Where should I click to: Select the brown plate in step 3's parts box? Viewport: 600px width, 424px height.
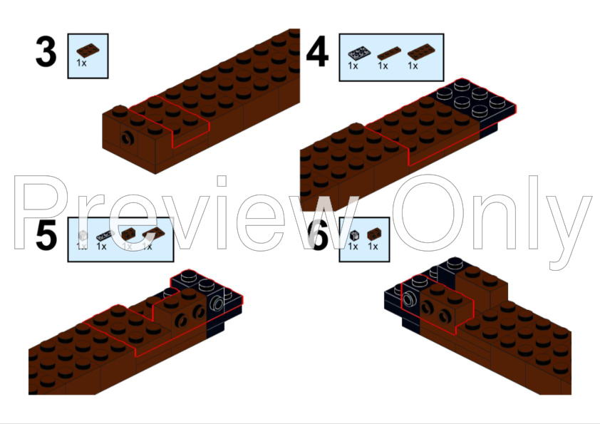(86, 49)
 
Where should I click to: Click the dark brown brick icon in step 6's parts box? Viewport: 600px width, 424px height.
(373, 233)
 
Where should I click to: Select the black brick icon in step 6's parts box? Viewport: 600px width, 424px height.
(353, 234)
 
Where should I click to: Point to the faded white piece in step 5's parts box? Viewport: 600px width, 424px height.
(83, 234)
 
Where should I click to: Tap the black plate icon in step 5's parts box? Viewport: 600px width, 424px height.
(104, 234)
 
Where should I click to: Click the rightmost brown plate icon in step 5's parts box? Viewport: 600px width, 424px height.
(150, 234)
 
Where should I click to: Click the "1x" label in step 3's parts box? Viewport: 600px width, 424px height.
(83, 63)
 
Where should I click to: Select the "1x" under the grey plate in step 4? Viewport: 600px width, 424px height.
(353, 66)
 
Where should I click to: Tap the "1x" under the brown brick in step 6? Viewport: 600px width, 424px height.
(373, 247)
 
